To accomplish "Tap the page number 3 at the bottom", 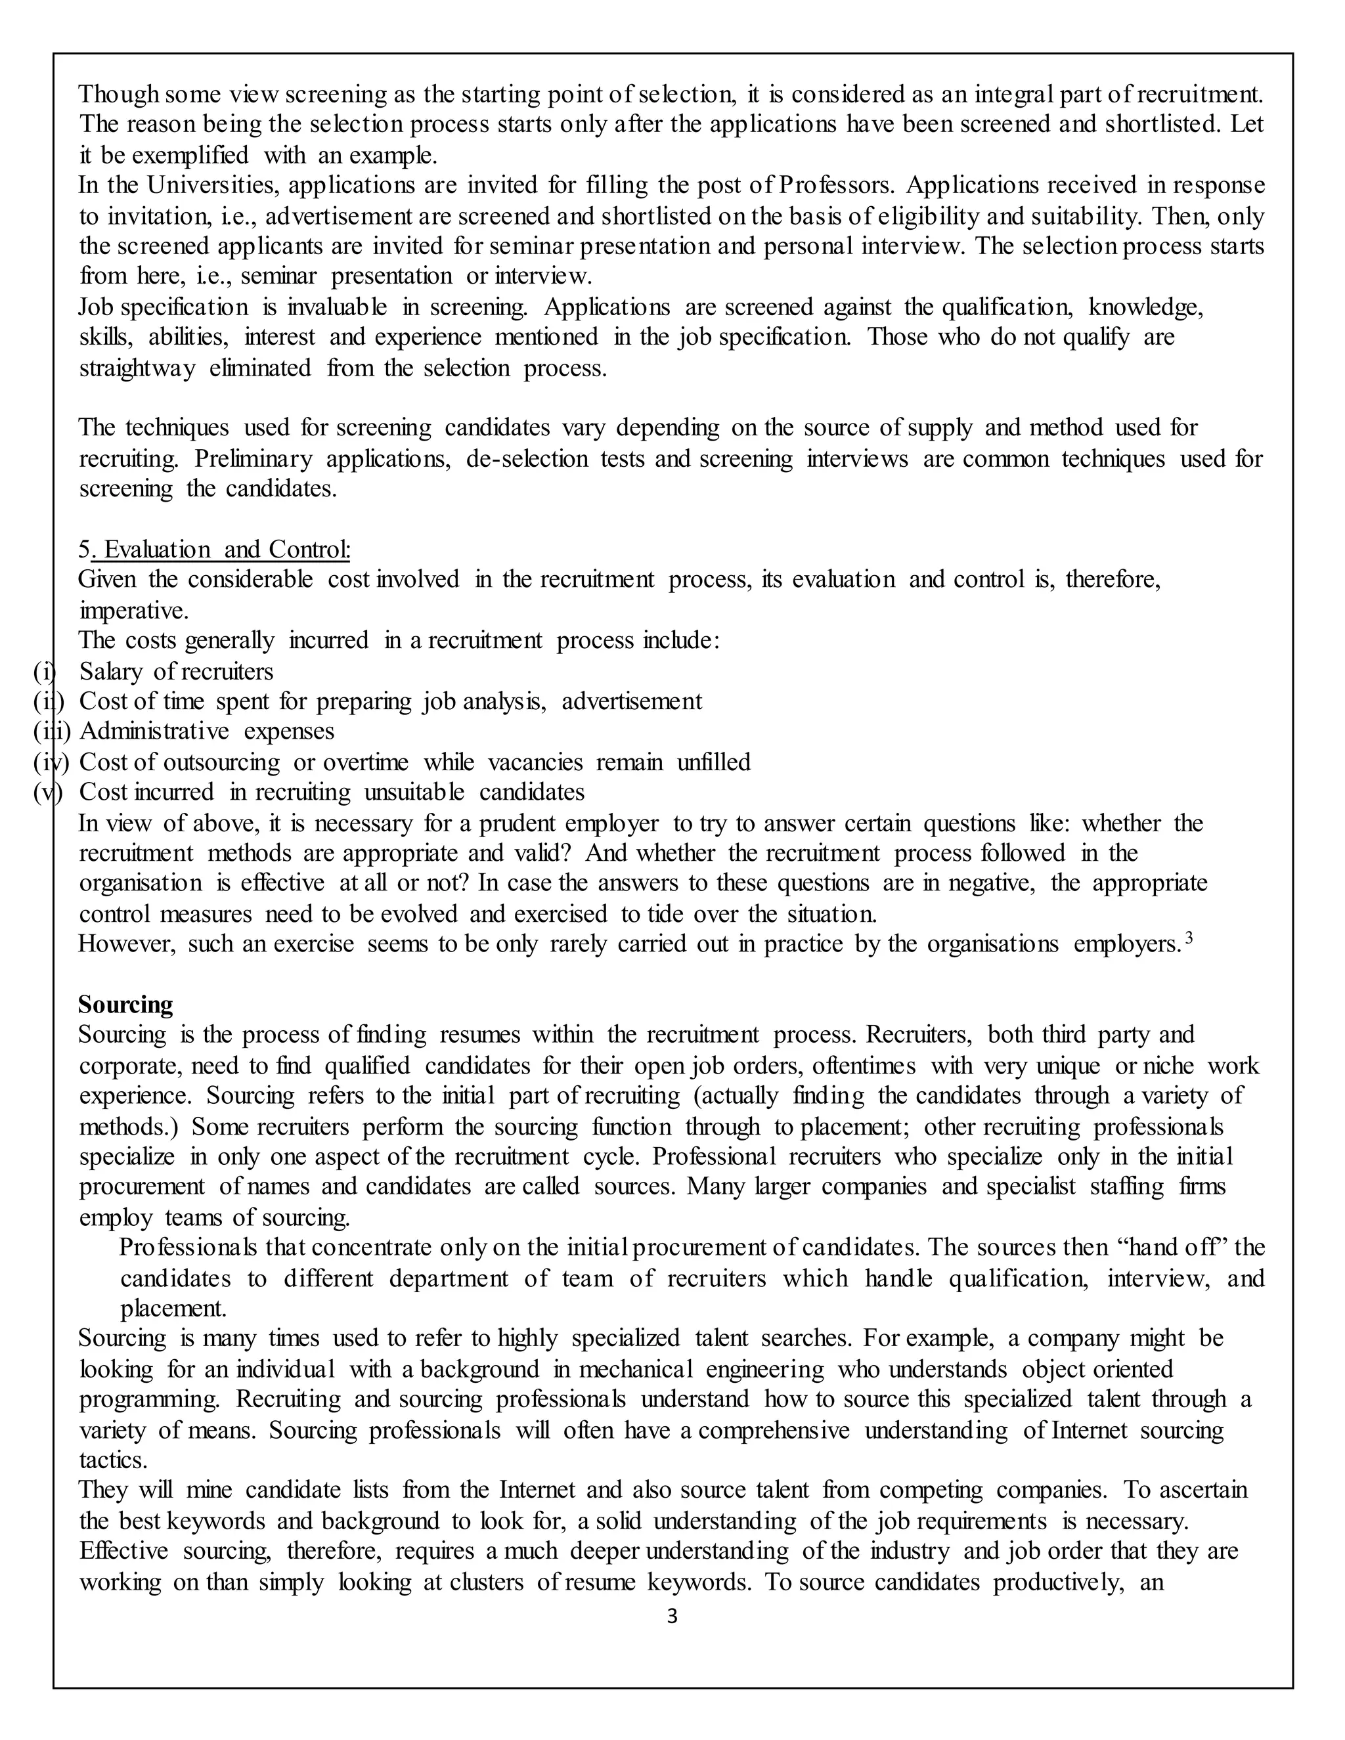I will pyautogui.click(x=672, y=1617).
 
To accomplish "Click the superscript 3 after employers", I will pyautogui.click(x=1189, y=938).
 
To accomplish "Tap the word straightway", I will pyautogui.click(x=137, y=369).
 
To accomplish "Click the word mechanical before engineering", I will pyautogui.click(x=636, y=1370).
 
